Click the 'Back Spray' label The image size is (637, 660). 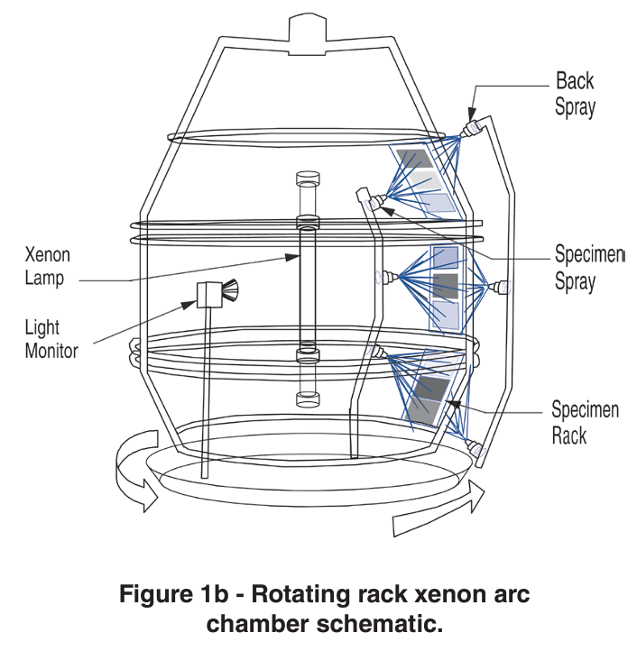[575, 94]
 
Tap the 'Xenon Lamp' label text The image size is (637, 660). [47, 267]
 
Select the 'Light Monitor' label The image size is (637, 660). [52, 339]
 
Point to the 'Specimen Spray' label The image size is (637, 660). [587, 268]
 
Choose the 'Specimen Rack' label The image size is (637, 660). [585, 423]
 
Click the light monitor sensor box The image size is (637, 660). [209, 295]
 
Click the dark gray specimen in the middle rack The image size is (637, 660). [446, 286]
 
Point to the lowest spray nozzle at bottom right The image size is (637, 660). [472, 445]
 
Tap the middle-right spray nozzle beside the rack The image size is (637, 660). [498, 288]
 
